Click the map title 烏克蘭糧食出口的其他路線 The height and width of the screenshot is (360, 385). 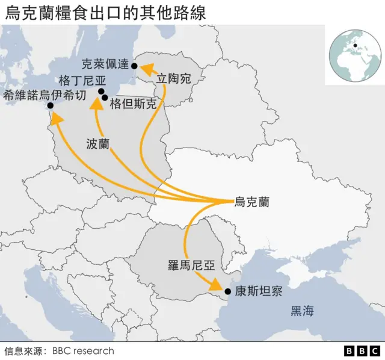105,13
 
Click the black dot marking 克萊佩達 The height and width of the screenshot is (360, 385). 134,66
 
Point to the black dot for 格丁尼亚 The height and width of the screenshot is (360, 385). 101,91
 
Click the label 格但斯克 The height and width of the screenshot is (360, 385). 133,104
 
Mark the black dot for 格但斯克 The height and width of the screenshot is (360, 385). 105,98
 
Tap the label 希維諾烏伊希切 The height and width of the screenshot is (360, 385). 45,95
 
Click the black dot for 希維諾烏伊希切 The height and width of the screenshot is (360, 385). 51,106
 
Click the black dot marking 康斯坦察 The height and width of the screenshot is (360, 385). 228,292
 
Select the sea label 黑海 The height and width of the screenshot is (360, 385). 302,311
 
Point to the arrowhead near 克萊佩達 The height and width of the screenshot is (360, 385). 145,70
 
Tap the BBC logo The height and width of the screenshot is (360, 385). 362,350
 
